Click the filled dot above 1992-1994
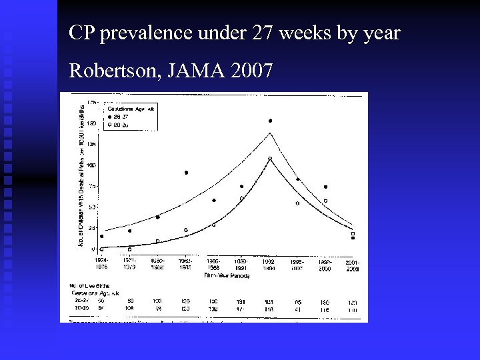[x=270, y=121]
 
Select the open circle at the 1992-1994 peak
[x=270, y=159]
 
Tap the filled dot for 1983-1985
[x=186, y=173]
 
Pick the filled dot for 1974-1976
[x=101, y=236]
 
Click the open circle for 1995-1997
[x=297, y=203]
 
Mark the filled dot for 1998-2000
[x=325, y=187]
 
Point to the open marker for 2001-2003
[x=353, y=233]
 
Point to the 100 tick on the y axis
[x=91, y=165]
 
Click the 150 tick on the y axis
[x=91, y=123]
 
